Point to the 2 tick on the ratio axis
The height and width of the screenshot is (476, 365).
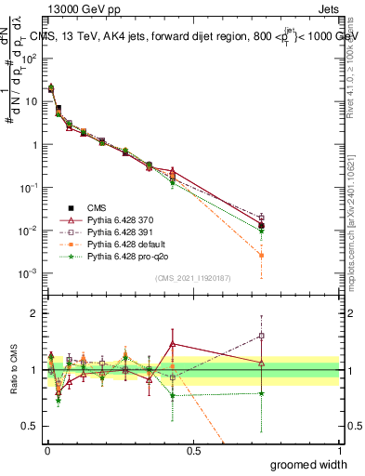[33, 314]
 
